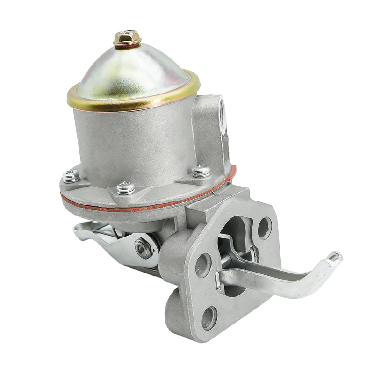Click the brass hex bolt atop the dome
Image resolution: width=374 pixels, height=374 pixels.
point(127,37)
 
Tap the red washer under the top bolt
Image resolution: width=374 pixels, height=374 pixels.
point(127,46)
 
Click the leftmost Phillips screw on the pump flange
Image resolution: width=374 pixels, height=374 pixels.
point(71,176)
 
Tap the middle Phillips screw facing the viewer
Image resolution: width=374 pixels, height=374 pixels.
point(126,187)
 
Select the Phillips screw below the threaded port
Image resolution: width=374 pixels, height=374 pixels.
point(201,171)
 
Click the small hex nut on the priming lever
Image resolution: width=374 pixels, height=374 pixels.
point(143,247)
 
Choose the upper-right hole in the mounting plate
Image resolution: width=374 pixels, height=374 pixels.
point(264,228)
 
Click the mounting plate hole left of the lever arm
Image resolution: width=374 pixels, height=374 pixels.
point(202,265)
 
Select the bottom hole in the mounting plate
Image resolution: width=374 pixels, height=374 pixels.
point(209,318)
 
